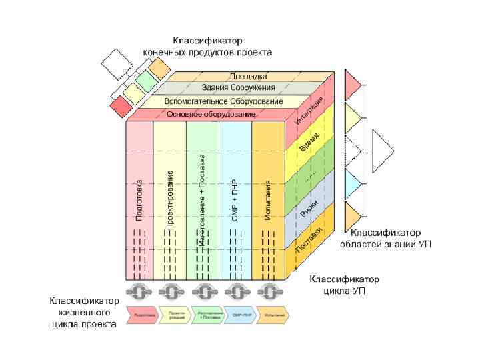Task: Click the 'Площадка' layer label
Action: tap(249, 77)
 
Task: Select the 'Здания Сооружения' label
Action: tap(237, 88)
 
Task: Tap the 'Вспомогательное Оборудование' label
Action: tap(224, 101)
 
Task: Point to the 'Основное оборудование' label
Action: tap(211, 115)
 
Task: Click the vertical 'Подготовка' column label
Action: tap(139, 199)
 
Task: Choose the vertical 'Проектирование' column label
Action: tap(170, 200)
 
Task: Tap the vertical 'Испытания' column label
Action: tap(268, 200)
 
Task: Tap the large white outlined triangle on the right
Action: tap(382, 149)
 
